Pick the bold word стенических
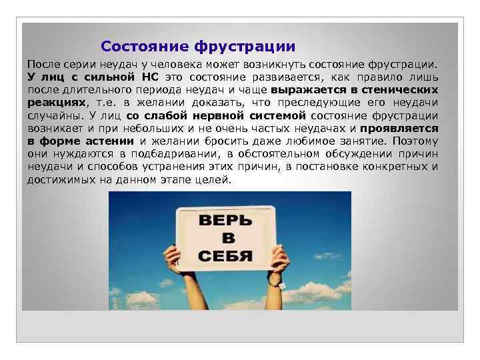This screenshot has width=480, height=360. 403,89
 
